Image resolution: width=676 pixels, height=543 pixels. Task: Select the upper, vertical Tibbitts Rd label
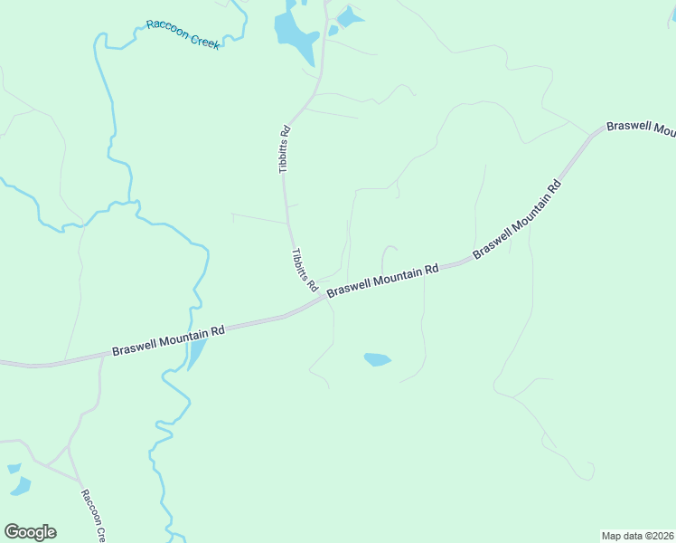(285, 149)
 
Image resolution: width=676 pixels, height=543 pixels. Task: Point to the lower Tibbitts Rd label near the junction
(305, 270)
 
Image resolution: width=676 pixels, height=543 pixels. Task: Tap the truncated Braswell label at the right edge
(641, 129)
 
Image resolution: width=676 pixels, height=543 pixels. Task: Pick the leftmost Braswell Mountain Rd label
(168, 341)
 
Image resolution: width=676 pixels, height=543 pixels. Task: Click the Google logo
(30, 532)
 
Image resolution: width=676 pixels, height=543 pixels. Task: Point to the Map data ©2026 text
(638, 535)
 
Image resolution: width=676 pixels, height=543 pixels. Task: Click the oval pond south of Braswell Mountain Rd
(378, 359)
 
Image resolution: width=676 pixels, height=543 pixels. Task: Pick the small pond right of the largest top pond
(349, 17)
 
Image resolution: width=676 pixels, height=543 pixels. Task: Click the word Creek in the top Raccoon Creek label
(202, 40)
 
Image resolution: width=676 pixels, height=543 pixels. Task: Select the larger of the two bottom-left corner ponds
(19, 487)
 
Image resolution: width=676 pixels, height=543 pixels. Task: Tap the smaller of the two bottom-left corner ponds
(14, 469)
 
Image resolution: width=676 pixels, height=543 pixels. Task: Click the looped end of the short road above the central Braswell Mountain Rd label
(390, 247)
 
